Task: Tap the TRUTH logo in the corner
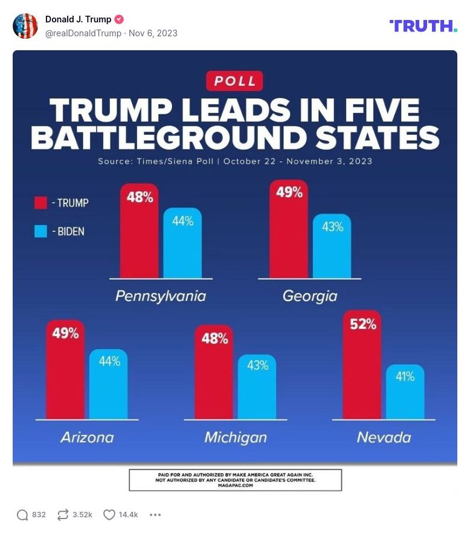423,26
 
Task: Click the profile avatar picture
25,26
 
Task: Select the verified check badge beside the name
120,19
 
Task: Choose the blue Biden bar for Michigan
257,387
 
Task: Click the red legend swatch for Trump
40,203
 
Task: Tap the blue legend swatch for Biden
40,231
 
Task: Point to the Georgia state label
309,296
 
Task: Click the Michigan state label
235,437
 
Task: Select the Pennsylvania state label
161,296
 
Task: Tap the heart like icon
109,515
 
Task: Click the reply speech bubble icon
22,515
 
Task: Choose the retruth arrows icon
63,515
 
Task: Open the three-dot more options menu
155,515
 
